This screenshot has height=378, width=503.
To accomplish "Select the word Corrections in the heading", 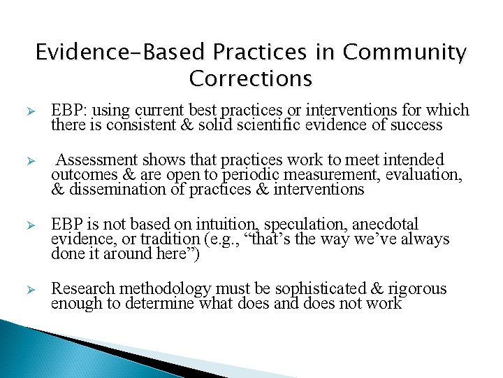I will pyautogui.click(x=250, y=78).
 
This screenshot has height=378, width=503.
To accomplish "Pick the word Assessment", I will pyautogui.click(x=94, y=160).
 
